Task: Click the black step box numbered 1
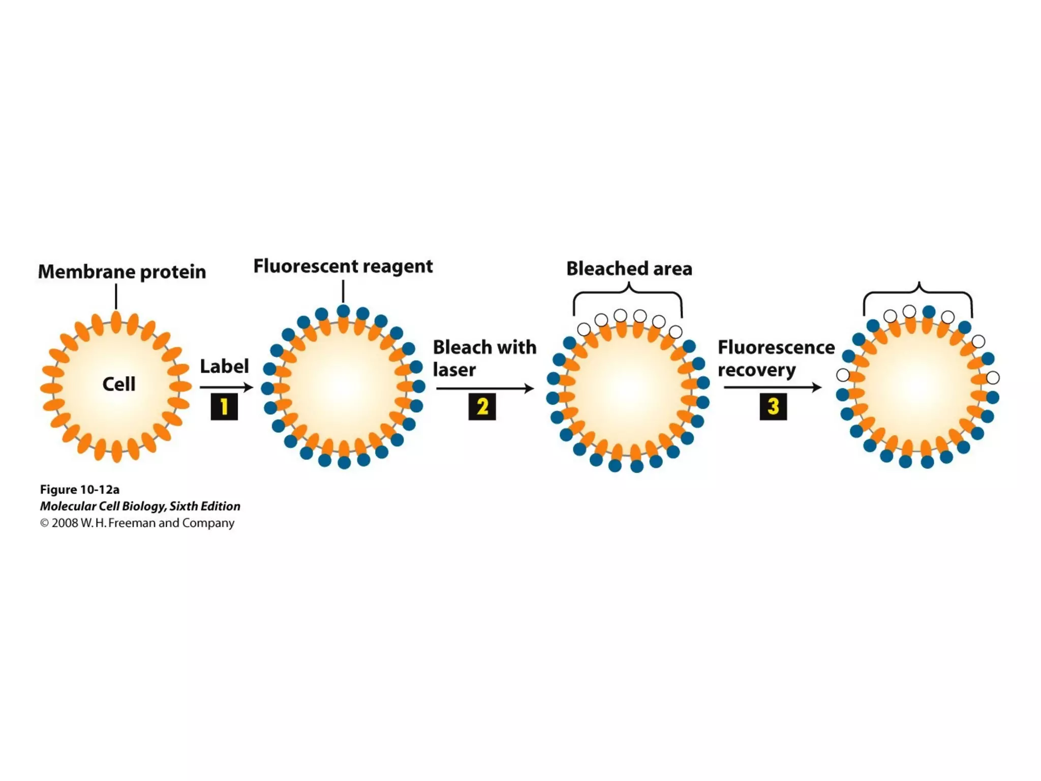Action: pos(224,406)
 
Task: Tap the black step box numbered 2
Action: pos(482,406)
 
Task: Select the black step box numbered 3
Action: pos(773,406)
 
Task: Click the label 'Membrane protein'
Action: pos(122,272)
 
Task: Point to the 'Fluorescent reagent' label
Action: pos(343,266)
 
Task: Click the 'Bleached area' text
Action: pos(629,268)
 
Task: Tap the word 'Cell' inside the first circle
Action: pos(119,384)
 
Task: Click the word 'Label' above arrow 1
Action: pos(224,366)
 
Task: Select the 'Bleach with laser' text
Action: pos(484,358)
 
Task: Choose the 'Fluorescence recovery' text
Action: pos(776,358)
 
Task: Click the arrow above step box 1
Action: pos(226,387)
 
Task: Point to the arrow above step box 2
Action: pos(485,388)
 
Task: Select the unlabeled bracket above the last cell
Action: pos(918,293)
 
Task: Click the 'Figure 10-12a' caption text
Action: pos(80,490)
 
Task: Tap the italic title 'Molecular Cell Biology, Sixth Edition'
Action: pos(140,506)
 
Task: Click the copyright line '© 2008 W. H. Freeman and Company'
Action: pos(137,523)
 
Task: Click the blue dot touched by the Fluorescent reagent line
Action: pos(344,311)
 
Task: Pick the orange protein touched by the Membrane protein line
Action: pos(116,322)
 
